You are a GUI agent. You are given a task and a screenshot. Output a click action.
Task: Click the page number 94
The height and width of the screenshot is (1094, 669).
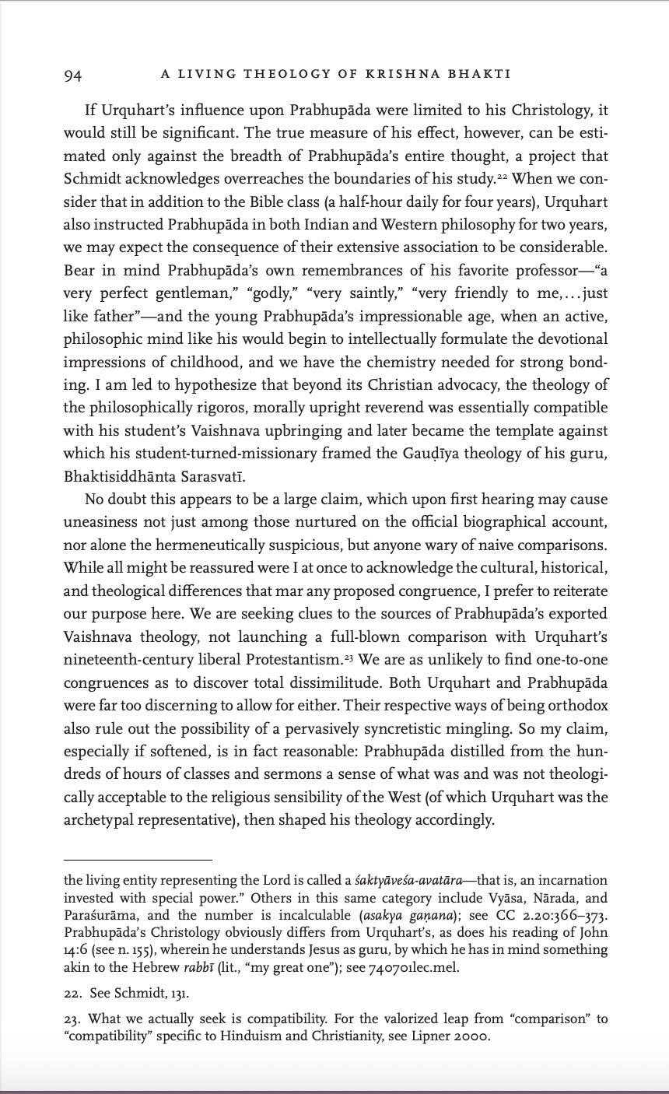[x=72, y=75]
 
